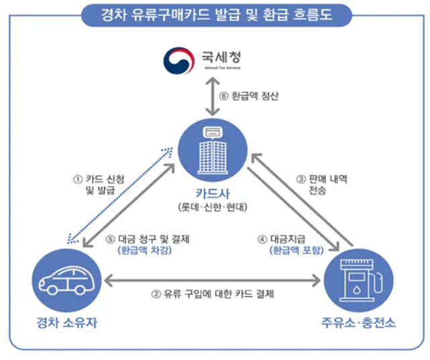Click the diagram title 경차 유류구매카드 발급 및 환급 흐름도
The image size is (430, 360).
point(215,13)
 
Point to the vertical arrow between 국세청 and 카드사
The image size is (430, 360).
point(214,95)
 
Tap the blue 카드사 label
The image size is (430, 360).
point(214,194)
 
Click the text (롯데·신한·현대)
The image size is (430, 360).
point(214,207)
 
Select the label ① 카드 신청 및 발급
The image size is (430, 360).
point(93,184)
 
